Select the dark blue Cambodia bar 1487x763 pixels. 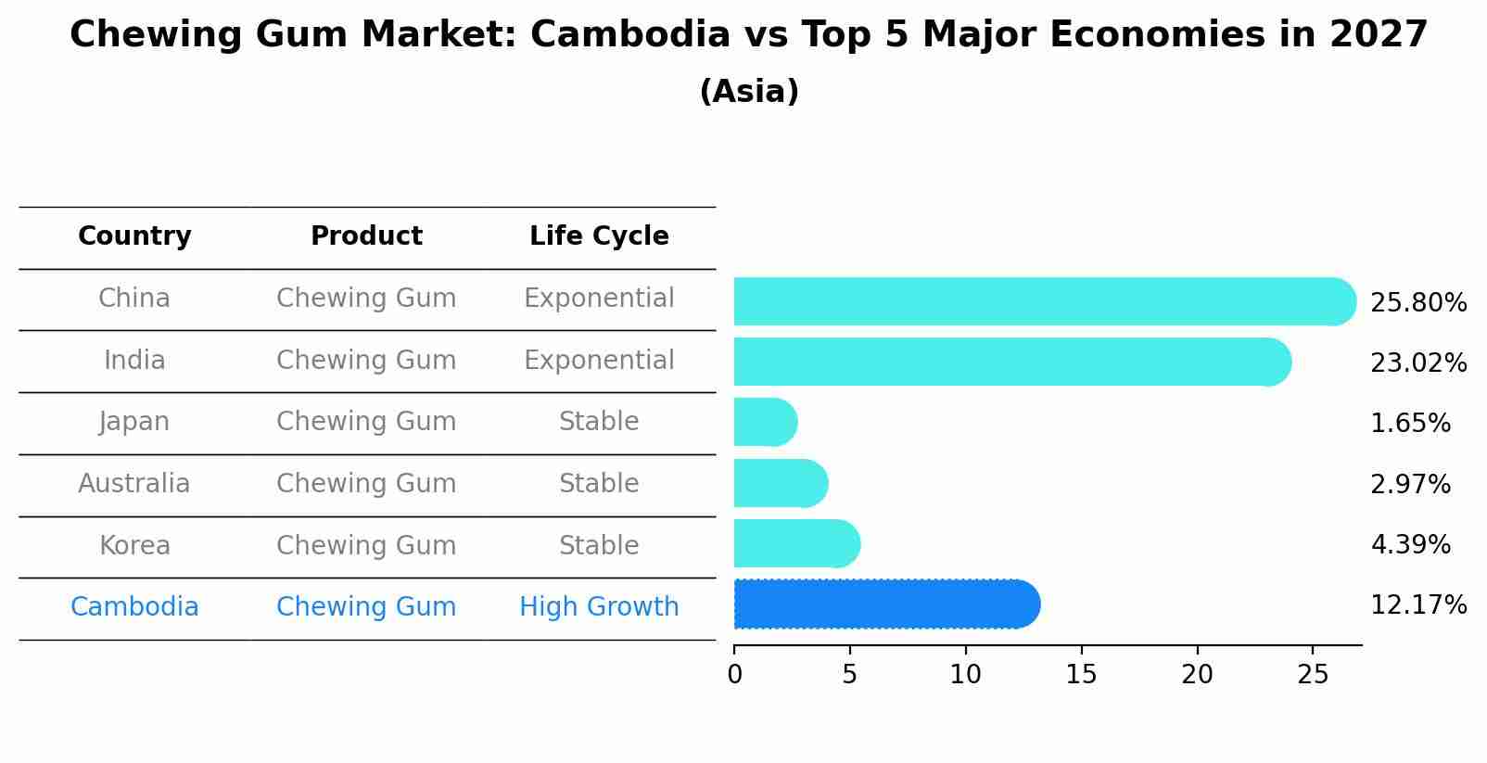pyautogui.click(x=885, y=604)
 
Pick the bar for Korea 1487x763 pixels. pyautogui.click(x=795, y=543)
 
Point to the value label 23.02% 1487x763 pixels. pyautogui.click(x=1417, y=363)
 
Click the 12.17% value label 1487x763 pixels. pyautogui.click(x=1417, y=606)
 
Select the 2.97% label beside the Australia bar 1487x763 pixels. pyautogui.click(x=1409, y=485)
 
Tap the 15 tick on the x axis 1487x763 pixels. pyautogui.click(x=1081, y=675)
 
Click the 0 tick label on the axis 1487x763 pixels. pyautogui.click(x=734, y=675)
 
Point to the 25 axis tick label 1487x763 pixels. pyautogui.click(x=1313, y=675)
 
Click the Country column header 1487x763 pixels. pyautogui.click(x=134, y=236)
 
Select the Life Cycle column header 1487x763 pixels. pyautogui.click(x=599, y=236)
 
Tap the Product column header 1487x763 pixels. pyautogui.click(x=366, y=236)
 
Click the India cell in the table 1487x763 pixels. pyautogui.click(x=134, y=361)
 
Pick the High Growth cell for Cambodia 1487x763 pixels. pyautogui.click(x=599, y=607)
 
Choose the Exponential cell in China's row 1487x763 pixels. pyautogui.click(x=599, y=299)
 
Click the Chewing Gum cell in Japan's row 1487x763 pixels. pyautogui.click(x=366, y=422)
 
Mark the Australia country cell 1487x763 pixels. pyautogui.click(x=134, y=484)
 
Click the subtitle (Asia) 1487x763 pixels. pyautogui.click(x=749, y=92)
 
